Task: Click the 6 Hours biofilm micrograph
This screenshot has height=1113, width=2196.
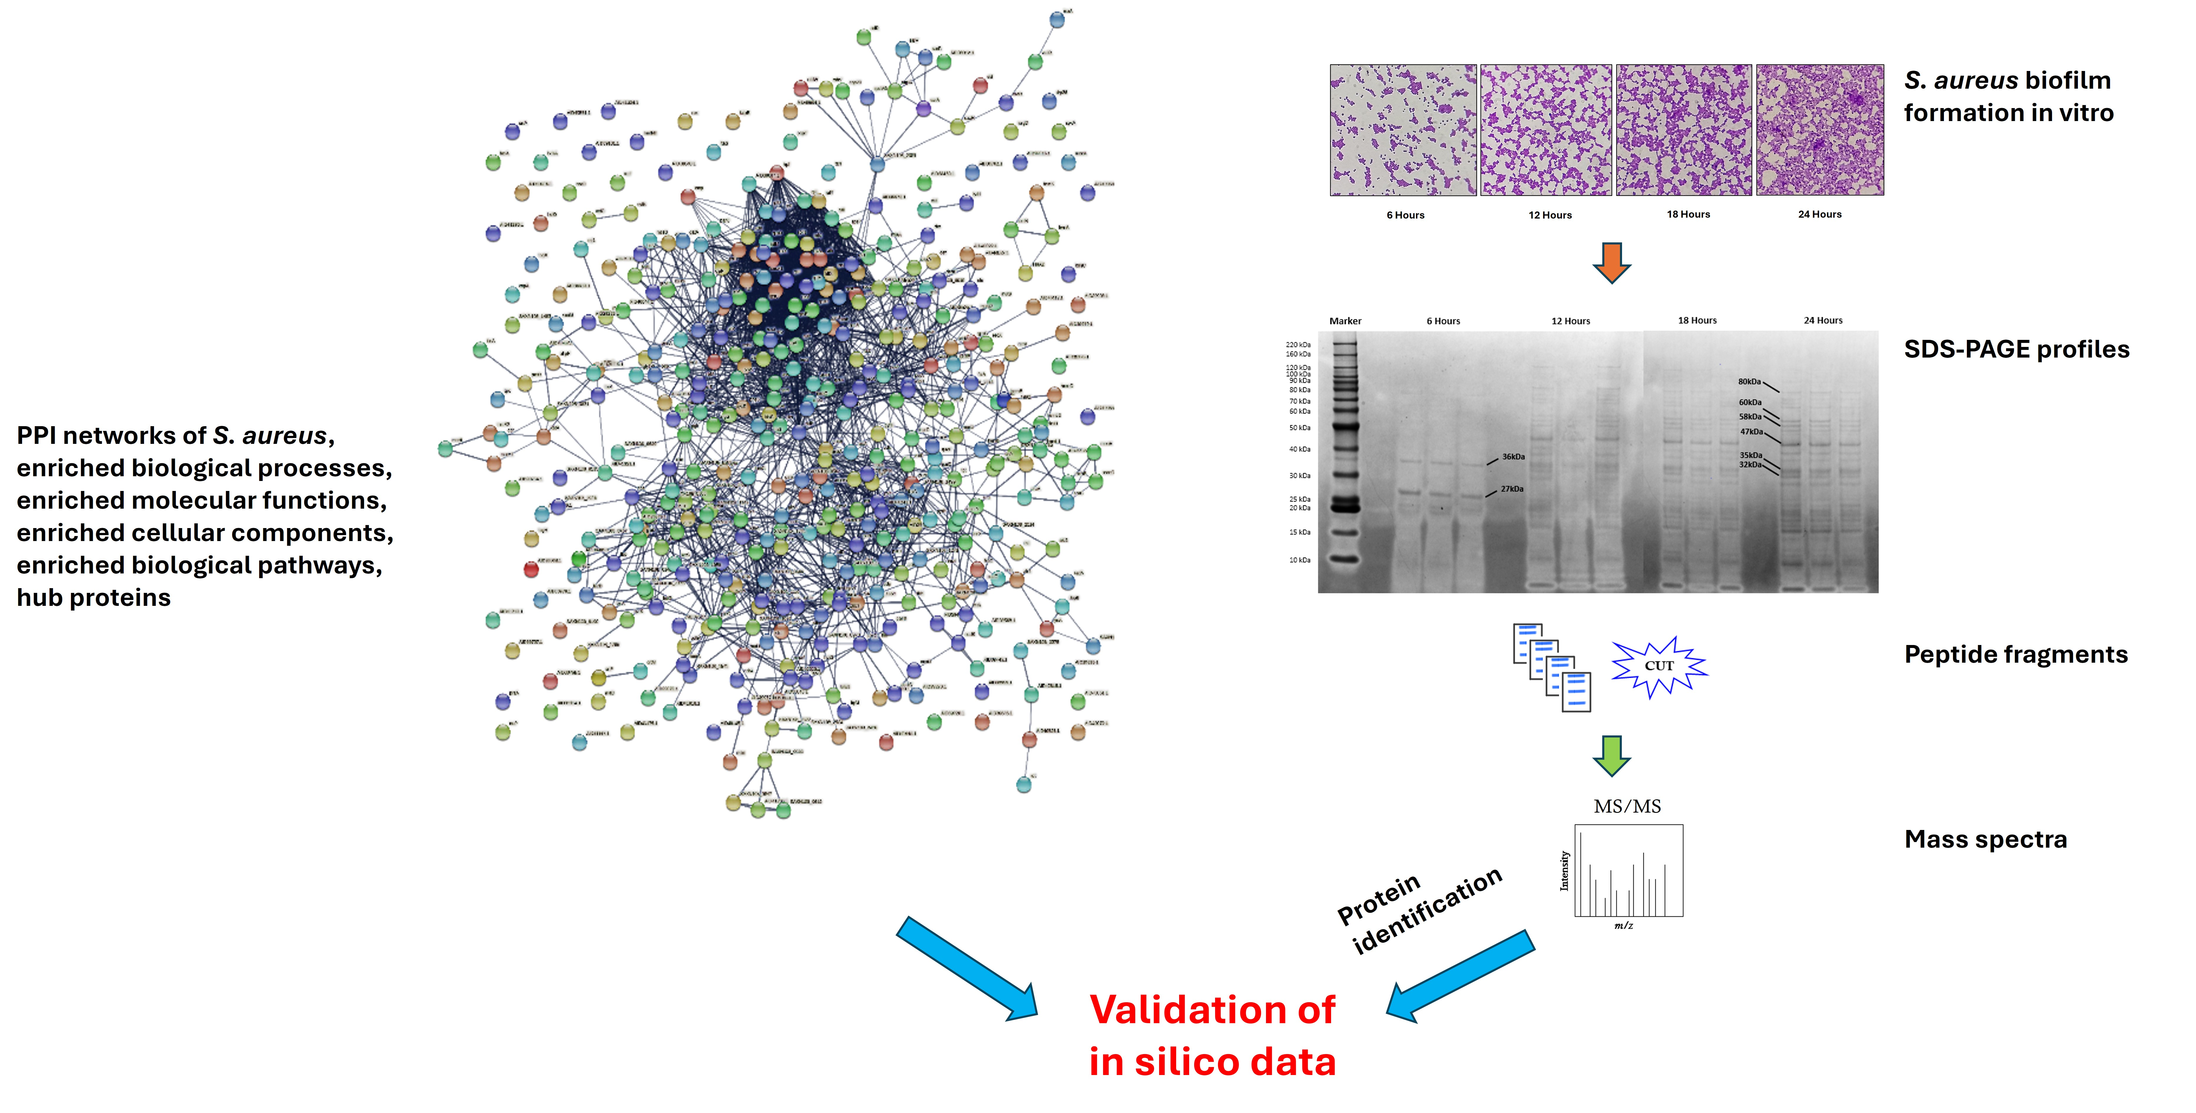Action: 1403,130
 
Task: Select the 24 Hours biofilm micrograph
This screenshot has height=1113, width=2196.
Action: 1820,130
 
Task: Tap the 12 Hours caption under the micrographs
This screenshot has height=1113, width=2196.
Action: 1550,215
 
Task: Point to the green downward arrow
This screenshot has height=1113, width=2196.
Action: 1611,755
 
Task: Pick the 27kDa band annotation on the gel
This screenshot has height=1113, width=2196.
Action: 1511,489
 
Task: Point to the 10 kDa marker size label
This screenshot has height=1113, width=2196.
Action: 1299,560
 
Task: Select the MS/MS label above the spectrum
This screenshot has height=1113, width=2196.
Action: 1626,806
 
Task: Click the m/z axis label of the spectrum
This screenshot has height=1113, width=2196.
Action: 1623,925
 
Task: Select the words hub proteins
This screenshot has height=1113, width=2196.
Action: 94,598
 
